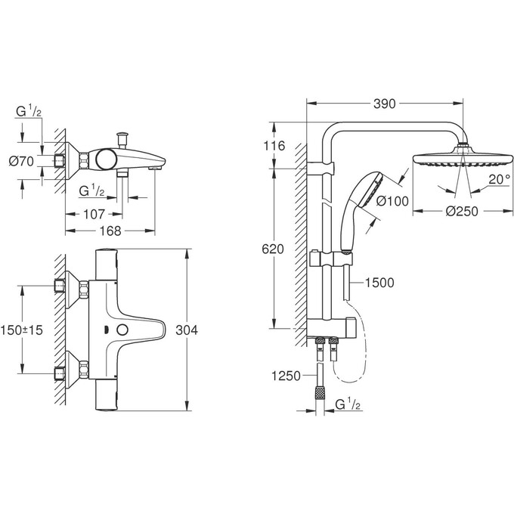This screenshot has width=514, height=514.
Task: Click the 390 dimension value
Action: pyautogui.click(x=385, y=104)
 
